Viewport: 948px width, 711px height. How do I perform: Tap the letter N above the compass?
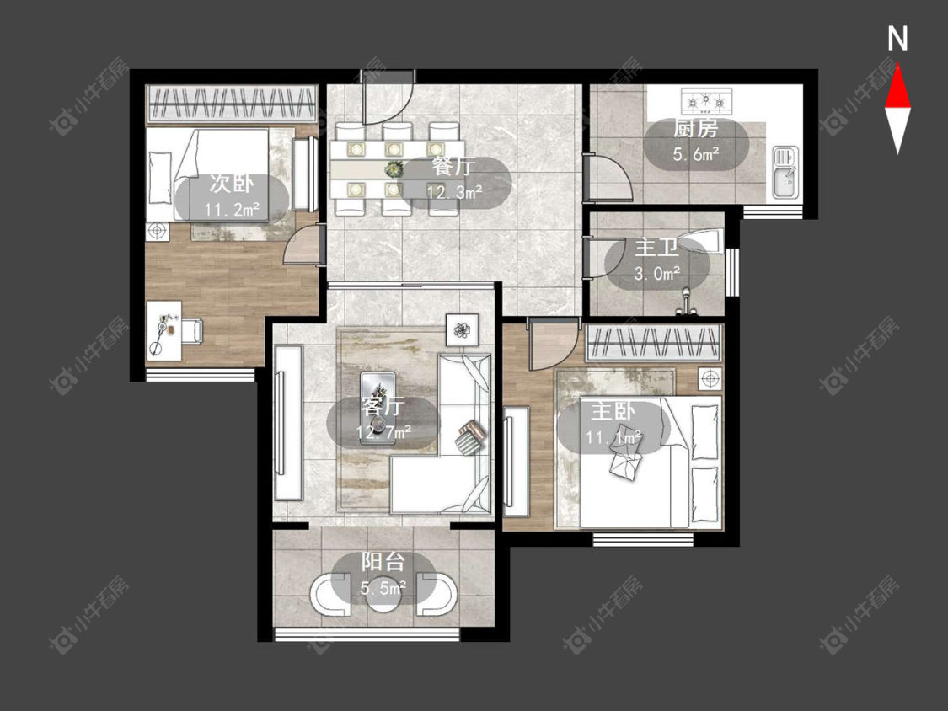(897, 40)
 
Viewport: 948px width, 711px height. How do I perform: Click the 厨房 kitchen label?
(695, 129)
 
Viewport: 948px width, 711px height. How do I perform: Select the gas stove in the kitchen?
(706, 101)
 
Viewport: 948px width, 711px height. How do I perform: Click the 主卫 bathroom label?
(656, 248)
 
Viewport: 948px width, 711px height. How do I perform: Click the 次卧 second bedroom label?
(233, 184)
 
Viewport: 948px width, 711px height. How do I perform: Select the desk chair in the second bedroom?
(193, 331)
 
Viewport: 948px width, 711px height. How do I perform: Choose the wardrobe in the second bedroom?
(233, 104)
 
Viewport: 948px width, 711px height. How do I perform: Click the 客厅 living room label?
(382, 406)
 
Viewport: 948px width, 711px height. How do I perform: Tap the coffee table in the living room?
(378, 408)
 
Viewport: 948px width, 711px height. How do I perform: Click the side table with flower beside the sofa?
(463, 330)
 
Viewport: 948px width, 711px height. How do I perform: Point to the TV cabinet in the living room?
(288, 423)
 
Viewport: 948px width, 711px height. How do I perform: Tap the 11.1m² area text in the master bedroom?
(613, 436)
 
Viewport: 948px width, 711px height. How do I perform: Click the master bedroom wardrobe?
(654, 343)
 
